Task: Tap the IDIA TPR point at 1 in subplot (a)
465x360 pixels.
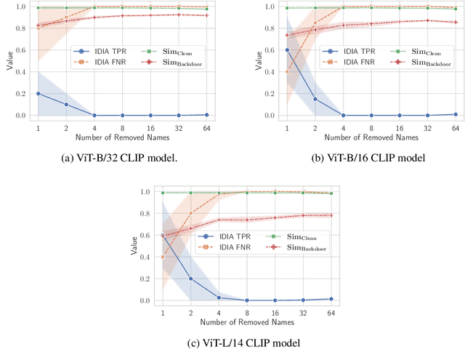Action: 39,94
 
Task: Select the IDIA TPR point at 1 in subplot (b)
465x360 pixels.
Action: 286,50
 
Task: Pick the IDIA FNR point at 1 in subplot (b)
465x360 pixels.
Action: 286,72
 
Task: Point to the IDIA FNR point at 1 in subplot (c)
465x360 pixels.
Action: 163,257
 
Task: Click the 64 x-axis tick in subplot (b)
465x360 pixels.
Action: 456,127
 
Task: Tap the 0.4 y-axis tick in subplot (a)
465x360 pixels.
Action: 23,72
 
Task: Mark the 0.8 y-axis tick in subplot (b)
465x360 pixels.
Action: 271,28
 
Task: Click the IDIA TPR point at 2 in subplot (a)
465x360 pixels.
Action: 66,105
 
